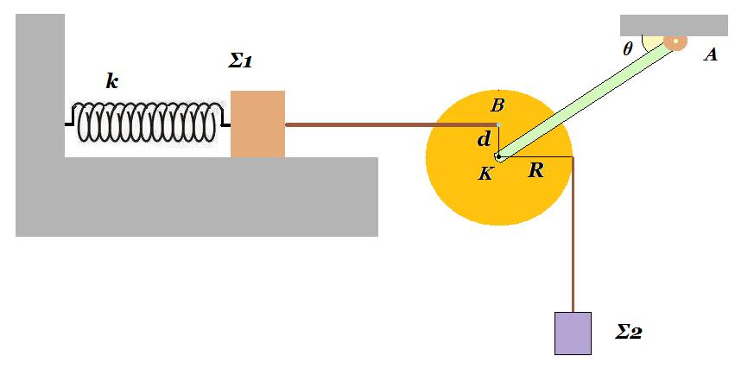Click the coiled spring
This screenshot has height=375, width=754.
coord(147,122)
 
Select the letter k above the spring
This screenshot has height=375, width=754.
coord(111,81)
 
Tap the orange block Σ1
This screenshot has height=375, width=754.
coord(257,124)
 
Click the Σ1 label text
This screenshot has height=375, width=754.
coord(240,61)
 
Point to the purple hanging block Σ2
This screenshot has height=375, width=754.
coord(573,334)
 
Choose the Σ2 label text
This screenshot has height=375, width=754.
coord(629,332)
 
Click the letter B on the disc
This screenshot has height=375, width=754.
coord(497,105)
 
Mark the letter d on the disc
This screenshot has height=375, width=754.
coord(484,140)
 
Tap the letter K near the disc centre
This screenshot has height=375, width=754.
coord(485,174)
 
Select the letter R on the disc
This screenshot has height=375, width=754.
coord(535,170)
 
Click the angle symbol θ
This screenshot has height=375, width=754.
coord(627,48)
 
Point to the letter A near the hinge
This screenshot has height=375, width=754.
coord(710,55)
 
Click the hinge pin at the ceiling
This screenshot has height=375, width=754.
coord(675,42)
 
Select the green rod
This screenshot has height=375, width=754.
coord(586,100)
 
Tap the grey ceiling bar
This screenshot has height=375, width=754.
coord(674,25)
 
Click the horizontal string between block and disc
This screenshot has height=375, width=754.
coord(392,125)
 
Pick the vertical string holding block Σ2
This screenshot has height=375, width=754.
coord(573,235)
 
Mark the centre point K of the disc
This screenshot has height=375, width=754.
coord(498,156)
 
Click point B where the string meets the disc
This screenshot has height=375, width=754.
coord(498,125)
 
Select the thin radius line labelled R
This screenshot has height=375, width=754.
coord(536,156)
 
